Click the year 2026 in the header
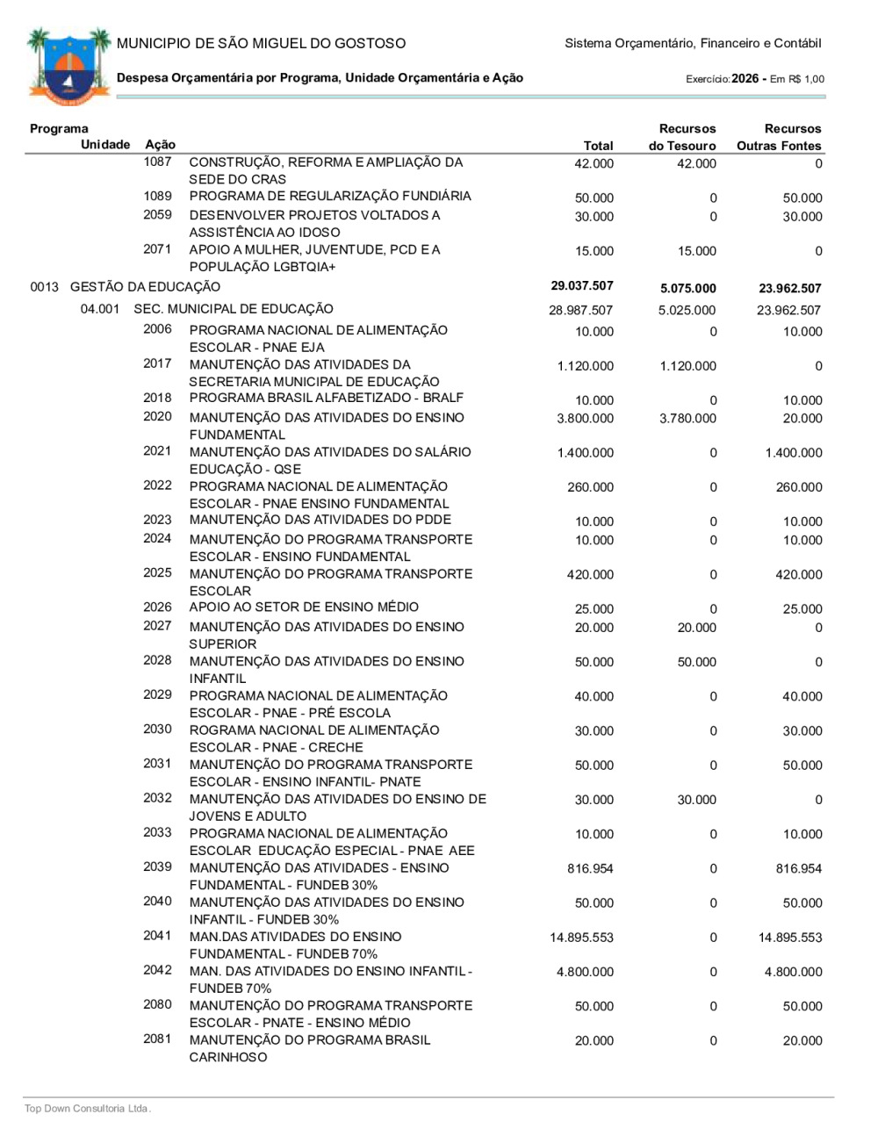point(745,78)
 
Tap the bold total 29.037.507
point(582,286)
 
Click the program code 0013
point(44,287)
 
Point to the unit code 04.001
point(100,309)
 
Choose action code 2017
point(158,363)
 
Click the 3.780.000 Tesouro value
point(687,419)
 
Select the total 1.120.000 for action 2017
point(586,366)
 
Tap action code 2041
point(158,936)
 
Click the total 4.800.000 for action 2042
point(586,972)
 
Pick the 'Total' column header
point(599,146)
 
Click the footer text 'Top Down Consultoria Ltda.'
point(88,1109)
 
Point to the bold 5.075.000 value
point(687,288)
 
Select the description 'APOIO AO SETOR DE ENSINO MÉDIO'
point(304,607)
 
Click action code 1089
point(158,196)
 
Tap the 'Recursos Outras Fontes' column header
point(779,137)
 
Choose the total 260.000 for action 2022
point(591,487)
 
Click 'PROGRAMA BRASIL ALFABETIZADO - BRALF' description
point(327,398)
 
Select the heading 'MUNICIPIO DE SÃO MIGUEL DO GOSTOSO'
point(262,43)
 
